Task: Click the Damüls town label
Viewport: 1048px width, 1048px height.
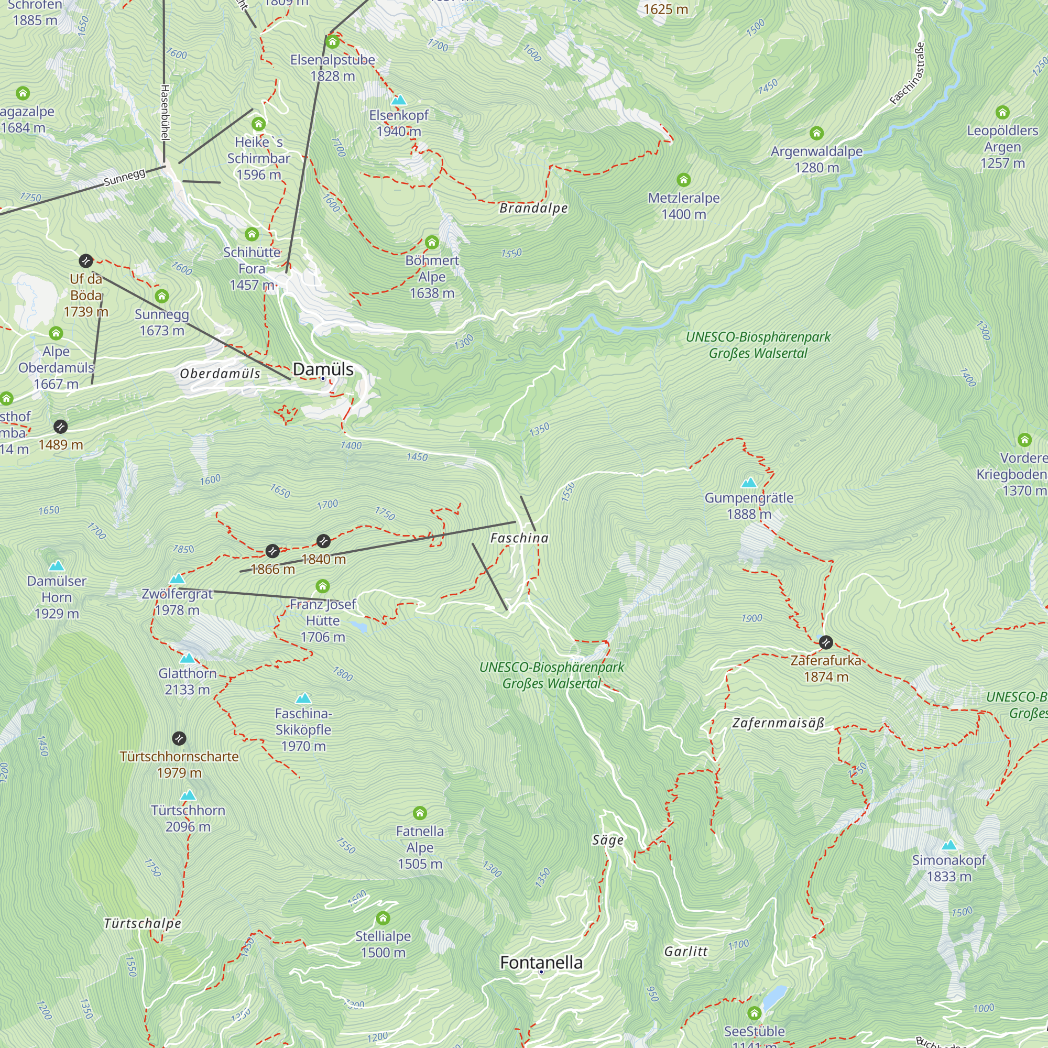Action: pyautogui.click(x=323, y=369)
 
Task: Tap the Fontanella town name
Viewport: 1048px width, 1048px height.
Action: pyautogui.click(x=541, y=962)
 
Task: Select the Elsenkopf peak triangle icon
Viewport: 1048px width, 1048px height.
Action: pyautogui.click(x=399, y=100)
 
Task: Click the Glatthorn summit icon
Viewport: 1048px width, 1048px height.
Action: pyautogui.click(x=187, y=658)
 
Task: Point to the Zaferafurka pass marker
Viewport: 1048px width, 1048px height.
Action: pyautogui.click(x=826, y=642)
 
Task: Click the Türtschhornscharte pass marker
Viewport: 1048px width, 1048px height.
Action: pyautogui.click(x=179, y=738)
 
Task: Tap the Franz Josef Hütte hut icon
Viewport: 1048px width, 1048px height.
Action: pyautogui.click(x=323, y=586)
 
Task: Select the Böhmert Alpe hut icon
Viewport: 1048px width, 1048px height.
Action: pyautogui.click(x=432, y=242)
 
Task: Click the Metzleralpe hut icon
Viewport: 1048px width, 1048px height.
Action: pyautogui.click(x=683, y=180)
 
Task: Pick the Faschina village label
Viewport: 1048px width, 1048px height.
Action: pyautogui.click(x=519, y=538)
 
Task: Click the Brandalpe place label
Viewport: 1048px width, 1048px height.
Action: pyautogui.click(x=533, y=209)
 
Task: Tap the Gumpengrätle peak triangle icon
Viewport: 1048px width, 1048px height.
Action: pyautogui.click(x=749, y=482)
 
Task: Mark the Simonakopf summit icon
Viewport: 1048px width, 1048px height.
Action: pyautogui.click(x=949, y=845)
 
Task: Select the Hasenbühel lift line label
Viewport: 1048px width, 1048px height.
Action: pyautogui.click(x=166, y=111)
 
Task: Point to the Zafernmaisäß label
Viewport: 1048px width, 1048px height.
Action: pyautogui.click(x=778, y=723)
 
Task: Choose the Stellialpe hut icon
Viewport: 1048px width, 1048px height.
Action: pyautogui.click(x=383, y=919)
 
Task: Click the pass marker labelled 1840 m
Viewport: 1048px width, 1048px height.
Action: pyautogui.click(x=323, y=541)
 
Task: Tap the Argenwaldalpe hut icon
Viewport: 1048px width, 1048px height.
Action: pyautogui.click(x=816, y=134)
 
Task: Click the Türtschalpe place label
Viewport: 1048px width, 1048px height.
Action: pyautogui.click(x=142, y=923)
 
